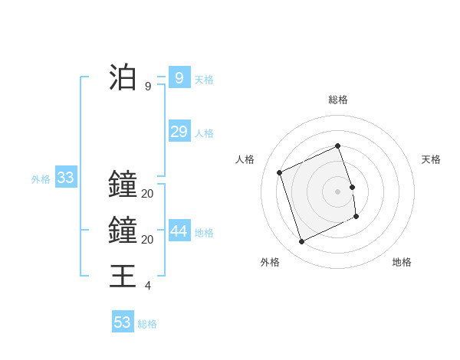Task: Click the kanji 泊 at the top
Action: [123, 77]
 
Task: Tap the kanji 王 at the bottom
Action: [123, 276]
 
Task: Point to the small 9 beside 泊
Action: [148, 87]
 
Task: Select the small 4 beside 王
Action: [148, 286]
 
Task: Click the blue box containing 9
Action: [179, 77]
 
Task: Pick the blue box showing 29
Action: [179, 132]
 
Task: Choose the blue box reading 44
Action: [179, 231]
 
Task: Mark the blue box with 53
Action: [123, 322]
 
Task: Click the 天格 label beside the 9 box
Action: [204, 80]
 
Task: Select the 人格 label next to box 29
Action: [204, 133]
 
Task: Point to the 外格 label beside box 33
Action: [41, 180]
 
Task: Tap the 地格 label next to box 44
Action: [204, 233]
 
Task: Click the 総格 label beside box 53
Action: [148, 324]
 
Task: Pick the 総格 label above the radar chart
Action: [338, 100]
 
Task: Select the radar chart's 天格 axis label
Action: [432, 159]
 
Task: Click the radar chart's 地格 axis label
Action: [402, 262]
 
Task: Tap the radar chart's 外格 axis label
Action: [270, 262]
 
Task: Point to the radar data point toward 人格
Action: [280, 172]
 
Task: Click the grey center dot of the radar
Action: [337, 191]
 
